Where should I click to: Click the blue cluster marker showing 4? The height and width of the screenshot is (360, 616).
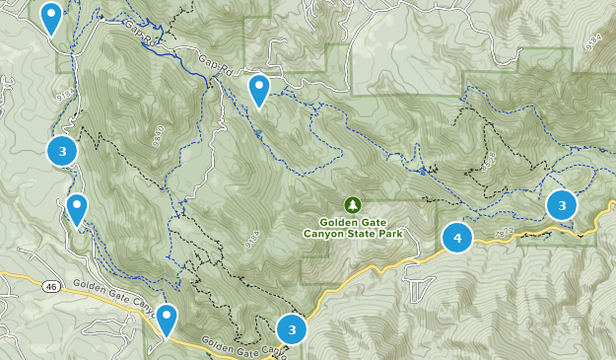(457, 238)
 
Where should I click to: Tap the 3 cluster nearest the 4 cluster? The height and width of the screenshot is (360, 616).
(562, 205)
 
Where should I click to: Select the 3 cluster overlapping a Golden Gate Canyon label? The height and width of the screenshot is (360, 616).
(293, 329)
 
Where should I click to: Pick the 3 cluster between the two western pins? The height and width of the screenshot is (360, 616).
(62, 151)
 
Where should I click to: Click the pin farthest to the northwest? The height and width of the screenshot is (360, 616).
(50, 17)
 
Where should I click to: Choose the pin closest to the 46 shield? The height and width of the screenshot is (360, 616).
(77, 209)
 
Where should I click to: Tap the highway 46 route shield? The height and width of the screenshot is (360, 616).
(51, 286)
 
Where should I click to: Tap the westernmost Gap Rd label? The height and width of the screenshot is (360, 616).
(142, 37)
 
